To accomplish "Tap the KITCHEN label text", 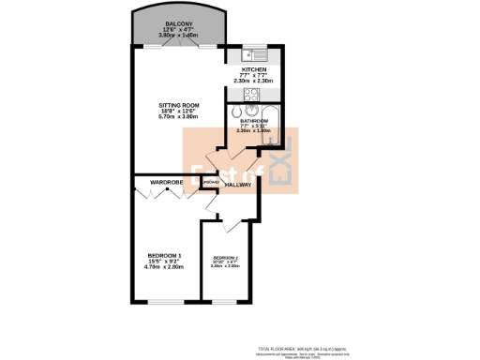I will [x=254, y=69].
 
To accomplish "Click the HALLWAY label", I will [x=239, y=185].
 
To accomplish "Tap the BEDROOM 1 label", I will [x=164, y=255].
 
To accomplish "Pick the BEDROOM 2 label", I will [x=226, y=257].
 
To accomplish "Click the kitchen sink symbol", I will [x=258, y=52].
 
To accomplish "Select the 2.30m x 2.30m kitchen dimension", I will [x=254, y=81].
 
